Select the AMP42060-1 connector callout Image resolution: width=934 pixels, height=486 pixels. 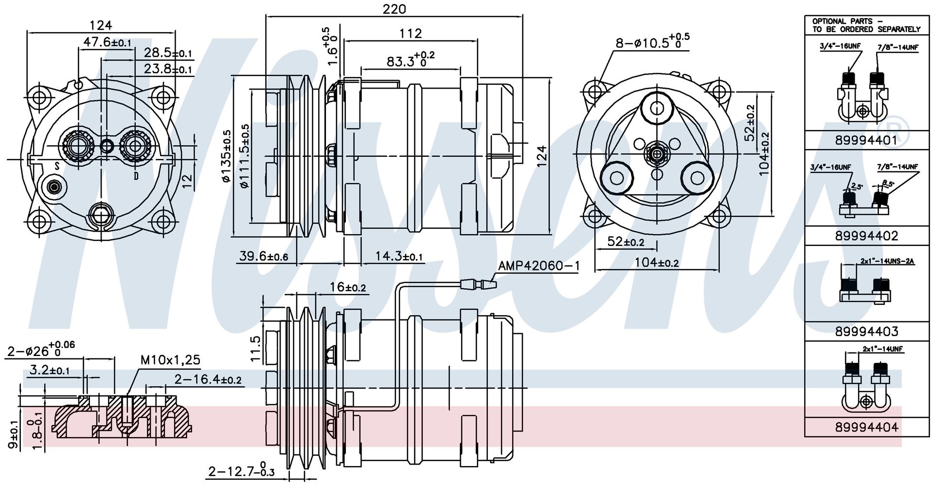click(539, 266)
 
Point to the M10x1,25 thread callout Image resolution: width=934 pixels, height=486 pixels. click(170, 360)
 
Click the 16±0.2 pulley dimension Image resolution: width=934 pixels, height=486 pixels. click(347, 287)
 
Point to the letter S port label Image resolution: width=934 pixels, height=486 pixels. click(57, 167)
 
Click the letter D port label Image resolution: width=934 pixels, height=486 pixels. click(136, 176)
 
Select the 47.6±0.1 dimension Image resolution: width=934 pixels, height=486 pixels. click(108, 42)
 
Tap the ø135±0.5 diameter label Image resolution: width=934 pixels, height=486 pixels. click(226, 156)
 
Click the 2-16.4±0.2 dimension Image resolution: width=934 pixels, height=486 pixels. click(208, 379)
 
